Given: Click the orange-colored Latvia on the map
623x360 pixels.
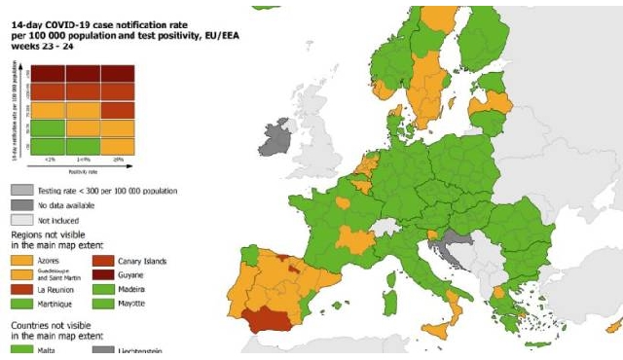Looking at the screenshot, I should (x=492, y=101).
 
